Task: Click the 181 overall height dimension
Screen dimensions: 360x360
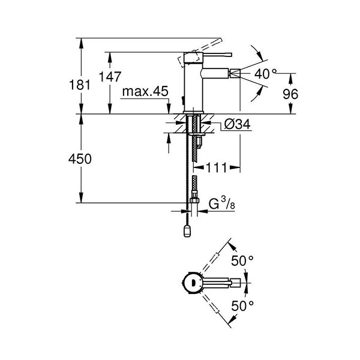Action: tap(84, 85)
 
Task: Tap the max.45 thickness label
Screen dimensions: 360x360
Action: tap(145, 92)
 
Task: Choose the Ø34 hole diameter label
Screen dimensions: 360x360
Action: tap(235, 125)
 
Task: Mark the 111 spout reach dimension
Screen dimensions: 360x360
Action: tap(217, 169)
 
